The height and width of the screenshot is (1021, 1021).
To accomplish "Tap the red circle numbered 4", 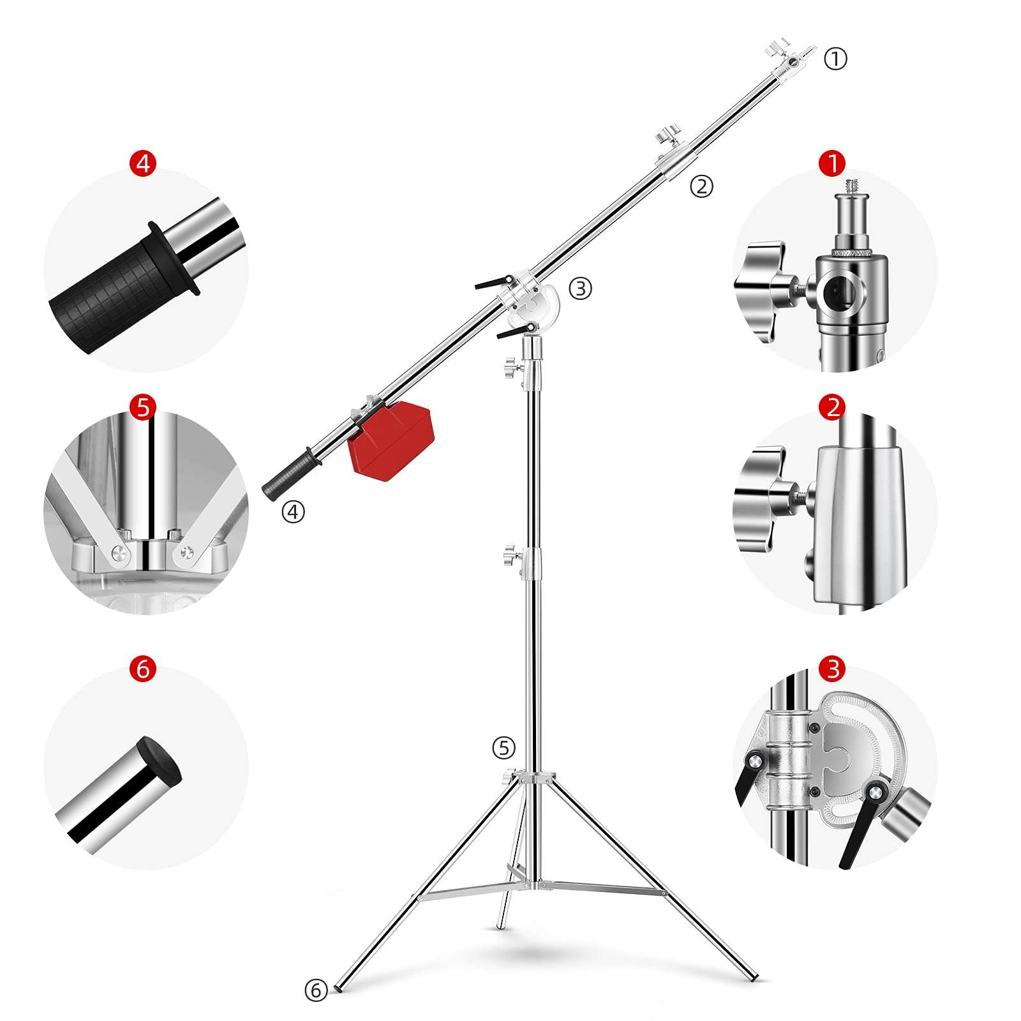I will [142, 163].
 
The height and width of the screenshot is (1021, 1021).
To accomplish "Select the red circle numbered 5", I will [142, 406].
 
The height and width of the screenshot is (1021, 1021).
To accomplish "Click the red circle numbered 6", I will [142, 669].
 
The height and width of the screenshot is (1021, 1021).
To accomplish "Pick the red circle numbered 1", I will [833, 163].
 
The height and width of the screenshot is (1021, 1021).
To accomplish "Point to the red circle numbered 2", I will [833, 407].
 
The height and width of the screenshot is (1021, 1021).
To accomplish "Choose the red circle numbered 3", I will [833, 669].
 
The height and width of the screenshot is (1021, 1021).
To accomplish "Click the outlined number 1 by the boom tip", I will [835, 59].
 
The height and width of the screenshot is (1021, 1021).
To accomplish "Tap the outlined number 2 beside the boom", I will [701, 186].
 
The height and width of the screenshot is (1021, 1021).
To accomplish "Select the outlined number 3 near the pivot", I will [580, 288].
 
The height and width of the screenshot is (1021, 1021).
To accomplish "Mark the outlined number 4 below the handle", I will [294, 511].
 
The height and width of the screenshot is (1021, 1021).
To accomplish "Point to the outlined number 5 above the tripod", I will [503, 747].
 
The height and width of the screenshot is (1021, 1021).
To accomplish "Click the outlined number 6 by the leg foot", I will [316, 990].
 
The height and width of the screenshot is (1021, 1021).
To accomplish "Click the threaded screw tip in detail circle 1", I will [852, 188].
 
